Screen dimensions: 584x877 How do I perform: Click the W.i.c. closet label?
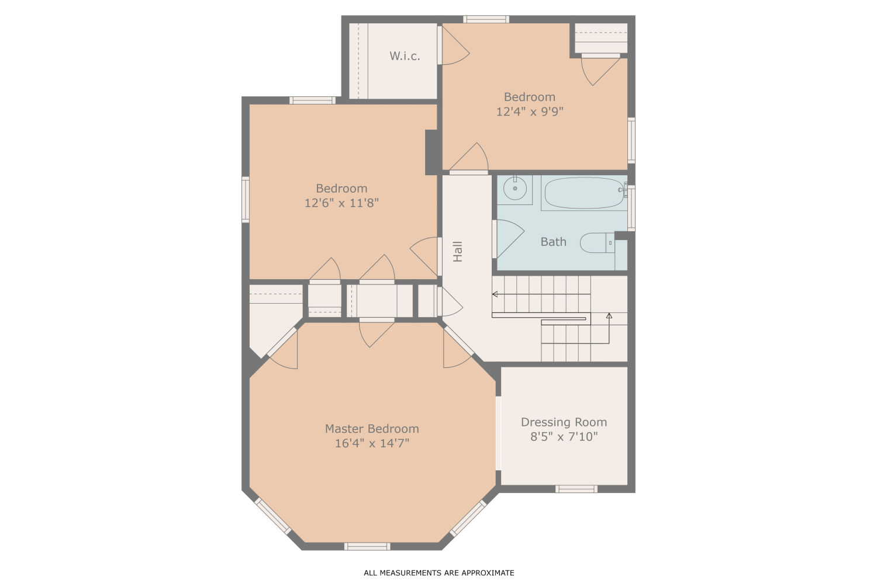[x=405, y=56]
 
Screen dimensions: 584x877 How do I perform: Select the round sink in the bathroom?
[x=515, y=189]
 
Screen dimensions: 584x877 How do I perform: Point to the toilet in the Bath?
[x=596, y=242]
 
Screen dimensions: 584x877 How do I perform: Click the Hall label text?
[x=458, y=251]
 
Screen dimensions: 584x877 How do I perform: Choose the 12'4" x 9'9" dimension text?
[x=530, y=112]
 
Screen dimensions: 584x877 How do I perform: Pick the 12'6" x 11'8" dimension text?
[x=341, y=203]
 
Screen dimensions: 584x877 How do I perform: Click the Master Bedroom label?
[x=372, y=429]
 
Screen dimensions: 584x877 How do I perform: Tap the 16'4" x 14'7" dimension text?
[x=372, y=443]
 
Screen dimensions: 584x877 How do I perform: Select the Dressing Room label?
[x=564, y=422]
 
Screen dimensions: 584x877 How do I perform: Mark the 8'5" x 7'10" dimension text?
[x=564, y=437]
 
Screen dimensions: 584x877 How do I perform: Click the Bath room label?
[x=553, y=242]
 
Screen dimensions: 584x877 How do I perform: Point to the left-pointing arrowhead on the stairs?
[x=495, y=294]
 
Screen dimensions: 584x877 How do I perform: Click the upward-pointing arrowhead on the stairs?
[x=609, y=316]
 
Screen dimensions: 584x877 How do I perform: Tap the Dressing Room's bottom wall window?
[x=576, y=489]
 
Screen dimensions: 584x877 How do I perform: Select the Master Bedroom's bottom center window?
[x=367, y=547]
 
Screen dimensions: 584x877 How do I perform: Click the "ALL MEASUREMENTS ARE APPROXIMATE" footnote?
[x=438, y=573]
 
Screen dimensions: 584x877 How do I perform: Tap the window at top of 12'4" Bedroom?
[x=486, y=19]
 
